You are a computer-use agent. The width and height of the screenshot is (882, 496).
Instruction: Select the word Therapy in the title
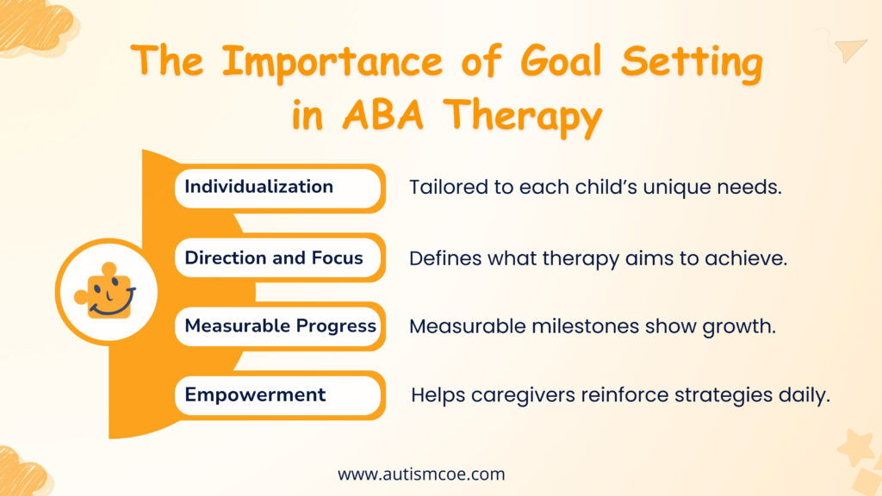[x=531, y=117]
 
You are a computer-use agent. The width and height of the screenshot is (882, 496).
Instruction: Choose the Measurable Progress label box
[x=280, y=326]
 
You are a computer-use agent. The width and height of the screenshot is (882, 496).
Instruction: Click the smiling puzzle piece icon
[x=107, y=291]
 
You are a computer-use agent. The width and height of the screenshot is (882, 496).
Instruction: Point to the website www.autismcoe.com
[x=421, y=474]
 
